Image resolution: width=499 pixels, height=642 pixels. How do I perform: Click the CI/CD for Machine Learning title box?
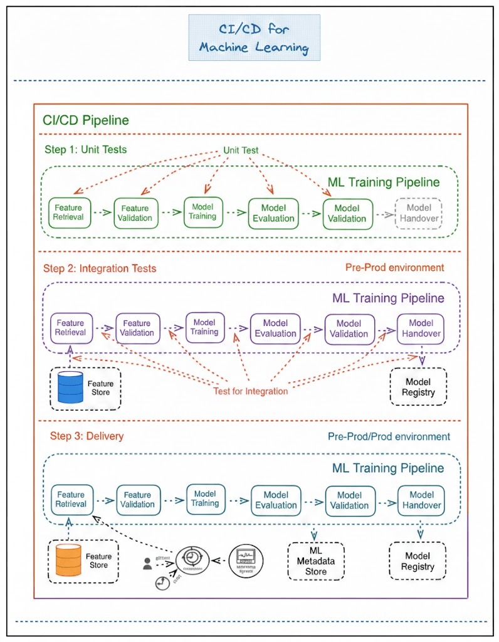(254, 38)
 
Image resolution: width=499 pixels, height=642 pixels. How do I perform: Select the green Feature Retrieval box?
(70, 213)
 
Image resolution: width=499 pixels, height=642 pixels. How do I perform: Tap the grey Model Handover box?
(419, 213)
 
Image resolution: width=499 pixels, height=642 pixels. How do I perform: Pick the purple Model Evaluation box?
(276, 329)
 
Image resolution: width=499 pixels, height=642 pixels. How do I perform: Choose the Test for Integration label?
(250, 391)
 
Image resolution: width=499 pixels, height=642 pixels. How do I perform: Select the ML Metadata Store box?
(315, 560)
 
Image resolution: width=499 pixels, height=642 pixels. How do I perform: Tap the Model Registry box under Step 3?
(418, 561)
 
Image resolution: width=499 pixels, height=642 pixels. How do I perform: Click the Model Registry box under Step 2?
(418, 387)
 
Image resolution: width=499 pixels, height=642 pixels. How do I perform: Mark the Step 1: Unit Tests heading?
(85, 150)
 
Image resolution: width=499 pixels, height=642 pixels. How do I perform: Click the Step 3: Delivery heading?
(87, 436)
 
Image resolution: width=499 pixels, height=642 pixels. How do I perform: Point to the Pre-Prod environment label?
(394, 268)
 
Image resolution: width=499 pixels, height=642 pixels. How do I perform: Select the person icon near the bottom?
(147, 563)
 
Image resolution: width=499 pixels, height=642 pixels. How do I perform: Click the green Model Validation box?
(347, 213)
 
